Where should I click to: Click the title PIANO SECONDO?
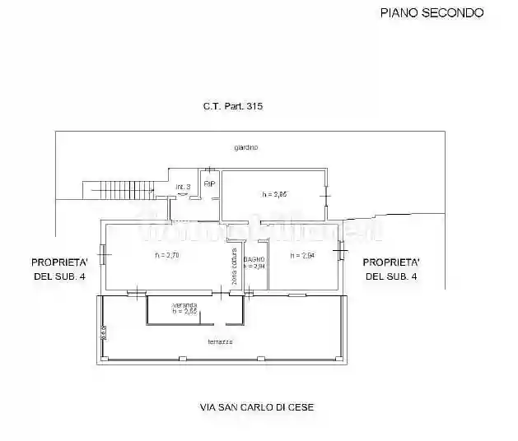point(431,12)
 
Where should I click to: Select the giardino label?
point(245,147)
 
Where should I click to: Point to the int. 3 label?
point(183,188)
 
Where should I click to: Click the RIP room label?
point(209,183)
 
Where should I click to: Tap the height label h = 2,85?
point(274,194)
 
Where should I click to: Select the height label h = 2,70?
point(167,255)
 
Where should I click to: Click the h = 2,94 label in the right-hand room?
point(302,256)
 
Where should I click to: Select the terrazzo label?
point(220,341)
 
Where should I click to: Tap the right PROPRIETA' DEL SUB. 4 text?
point(391,269)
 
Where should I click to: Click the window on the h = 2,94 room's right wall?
point(338,248)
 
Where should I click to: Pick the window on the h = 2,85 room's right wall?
point(326,196)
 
